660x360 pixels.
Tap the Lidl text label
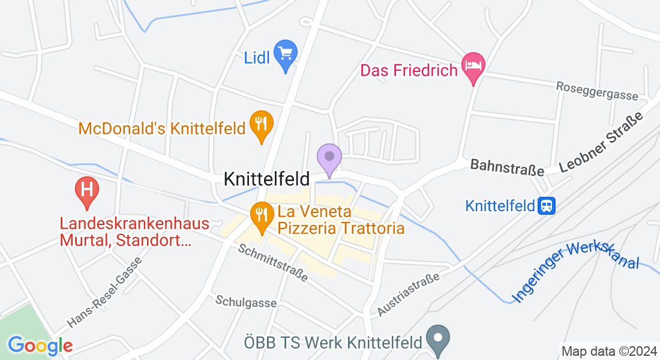coord(257,58)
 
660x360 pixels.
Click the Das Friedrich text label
coord(409,71)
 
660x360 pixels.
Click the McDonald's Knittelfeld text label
coord(162,128)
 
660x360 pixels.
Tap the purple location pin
coord(329,158)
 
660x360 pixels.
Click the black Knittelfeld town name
coord(266,179)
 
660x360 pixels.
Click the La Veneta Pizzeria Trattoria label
coord(340,220)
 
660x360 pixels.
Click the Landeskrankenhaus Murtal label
coord(134,232)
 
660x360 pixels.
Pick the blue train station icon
coord(547,206)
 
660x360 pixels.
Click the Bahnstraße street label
coord(507,167)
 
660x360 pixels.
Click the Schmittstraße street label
coord(273,263)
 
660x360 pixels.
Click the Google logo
coord(40,346)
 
